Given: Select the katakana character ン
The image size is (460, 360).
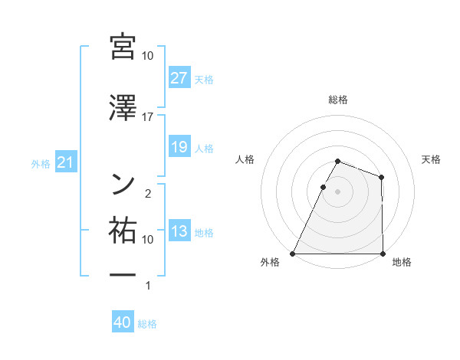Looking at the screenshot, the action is coord(123,182).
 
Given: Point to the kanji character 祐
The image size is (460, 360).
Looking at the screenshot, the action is coord(123,229).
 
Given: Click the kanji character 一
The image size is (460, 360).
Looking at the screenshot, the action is coord(123,274).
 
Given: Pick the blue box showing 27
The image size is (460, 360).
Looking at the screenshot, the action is coord(179,78).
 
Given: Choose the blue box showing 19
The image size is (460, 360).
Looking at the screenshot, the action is coord(179,147).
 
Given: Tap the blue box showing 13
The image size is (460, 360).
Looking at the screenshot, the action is coord(179,231).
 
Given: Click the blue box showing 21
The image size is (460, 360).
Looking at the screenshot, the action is coord(65,162).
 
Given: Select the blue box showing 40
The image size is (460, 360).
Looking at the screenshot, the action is coord(123,323).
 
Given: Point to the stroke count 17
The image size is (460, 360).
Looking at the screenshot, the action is coord(148,116).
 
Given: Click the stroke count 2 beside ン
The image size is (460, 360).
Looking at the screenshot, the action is coord(148,193).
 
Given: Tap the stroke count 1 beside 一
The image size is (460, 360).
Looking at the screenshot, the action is coord(148,286).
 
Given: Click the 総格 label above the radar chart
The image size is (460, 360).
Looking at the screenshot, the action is coord(337,100).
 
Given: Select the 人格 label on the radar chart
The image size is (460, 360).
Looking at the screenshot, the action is coord(245,159).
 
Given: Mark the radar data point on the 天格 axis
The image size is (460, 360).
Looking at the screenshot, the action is coord(382,177).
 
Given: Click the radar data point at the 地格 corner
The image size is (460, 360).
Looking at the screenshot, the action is coord(382,254).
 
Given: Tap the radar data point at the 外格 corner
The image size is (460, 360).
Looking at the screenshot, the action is coord(293,254).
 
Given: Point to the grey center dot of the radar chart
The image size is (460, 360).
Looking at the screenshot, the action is coord(337,191).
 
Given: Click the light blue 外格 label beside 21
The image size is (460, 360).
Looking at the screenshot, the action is coord(41,163).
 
